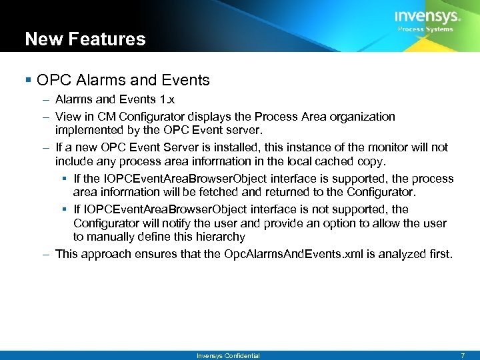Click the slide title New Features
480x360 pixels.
[85, 39]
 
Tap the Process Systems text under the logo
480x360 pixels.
[425, 29]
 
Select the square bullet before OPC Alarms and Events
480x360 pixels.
[28, 81]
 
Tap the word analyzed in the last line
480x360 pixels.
[404, 254]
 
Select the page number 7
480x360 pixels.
[462, 356]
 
